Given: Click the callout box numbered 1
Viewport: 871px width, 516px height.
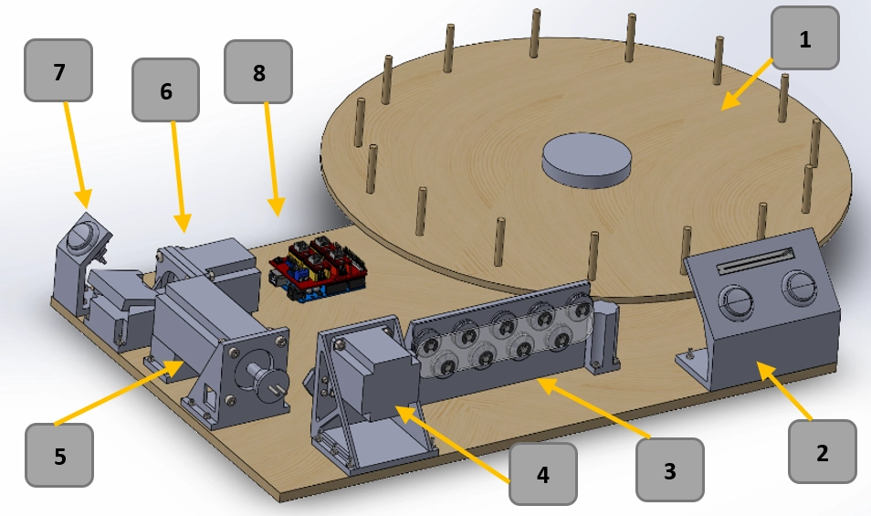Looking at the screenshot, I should coord(804,38).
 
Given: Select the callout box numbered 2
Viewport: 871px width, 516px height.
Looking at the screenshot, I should coord(822,452).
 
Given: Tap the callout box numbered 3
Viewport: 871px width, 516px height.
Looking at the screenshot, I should coord(669,470).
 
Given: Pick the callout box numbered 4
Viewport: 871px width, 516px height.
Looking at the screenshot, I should coord(542,474).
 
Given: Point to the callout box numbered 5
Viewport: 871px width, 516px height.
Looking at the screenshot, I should coord(59,455).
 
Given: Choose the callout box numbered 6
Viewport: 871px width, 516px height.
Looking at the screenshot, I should coord(165,90).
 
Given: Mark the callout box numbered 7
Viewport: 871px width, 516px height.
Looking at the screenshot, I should coord(59,70).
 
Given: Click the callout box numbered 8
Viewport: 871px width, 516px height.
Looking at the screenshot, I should coord(258,71).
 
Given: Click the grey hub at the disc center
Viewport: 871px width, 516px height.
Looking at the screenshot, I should coord(586,159).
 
